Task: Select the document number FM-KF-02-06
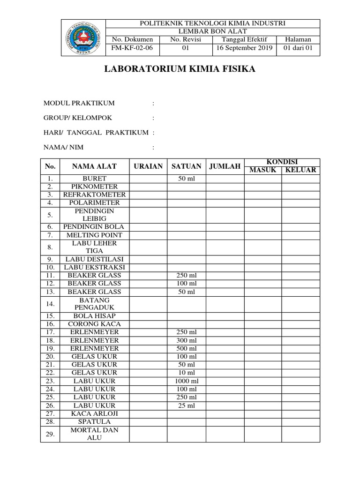click(x=132, y=48)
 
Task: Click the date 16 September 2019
click(x=244, y=48)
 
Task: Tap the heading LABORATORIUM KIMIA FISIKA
click(x=180, y=69)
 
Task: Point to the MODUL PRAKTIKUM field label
click(x=79, y=103)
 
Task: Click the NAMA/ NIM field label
click(x=63, y=147)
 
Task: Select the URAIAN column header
click(x=148, y=166)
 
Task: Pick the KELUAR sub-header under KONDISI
click(x=301, y=170)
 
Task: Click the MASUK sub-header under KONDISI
click(x=263, y=170)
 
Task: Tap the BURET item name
click(x=94, y=179)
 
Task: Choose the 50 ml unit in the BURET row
click(x=186, y=179)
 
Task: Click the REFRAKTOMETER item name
click(x=94, y=195)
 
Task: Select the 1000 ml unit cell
click(x=186, y=381)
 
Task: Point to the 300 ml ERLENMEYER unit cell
click(x=186, y=340)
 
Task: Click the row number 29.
click(x=51, y=434)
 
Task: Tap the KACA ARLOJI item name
click(x=94, y=413)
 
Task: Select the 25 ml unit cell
click(x=186, y=405)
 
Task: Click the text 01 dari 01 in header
click(x=298, y=48)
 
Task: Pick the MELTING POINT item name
click(x=94, y=235)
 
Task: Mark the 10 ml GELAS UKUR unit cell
click(x=186, y=373)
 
